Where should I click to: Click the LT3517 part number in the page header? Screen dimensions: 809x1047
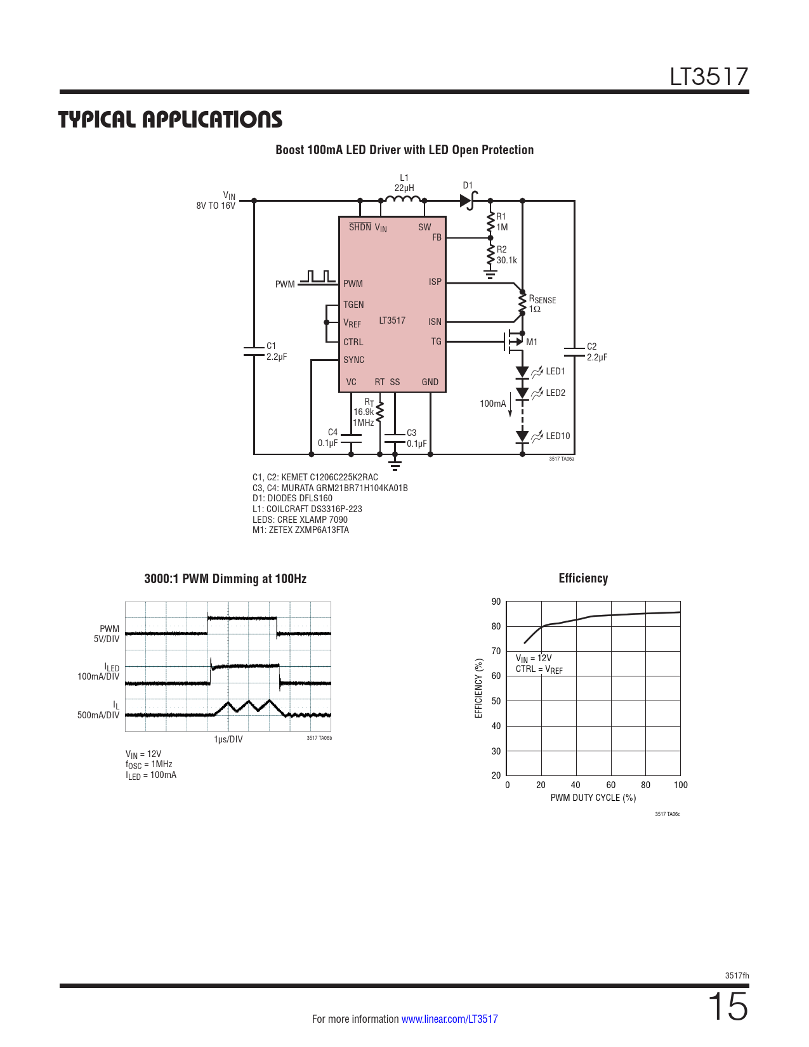(709, 77)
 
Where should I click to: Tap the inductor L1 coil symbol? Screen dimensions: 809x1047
(402, 199)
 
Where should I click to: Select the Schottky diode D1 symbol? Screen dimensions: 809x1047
(468, 201)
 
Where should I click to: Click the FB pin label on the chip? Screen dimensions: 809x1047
(437, 237)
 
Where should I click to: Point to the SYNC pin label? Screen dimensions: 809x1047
(353, 360)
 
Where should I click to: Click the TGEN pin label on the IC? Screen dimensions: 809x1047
(353, 305)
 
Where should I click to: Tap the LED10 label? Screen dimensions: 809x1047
(558, 436)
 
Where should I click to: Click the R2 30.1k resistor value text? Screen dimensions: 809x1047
(506, 260)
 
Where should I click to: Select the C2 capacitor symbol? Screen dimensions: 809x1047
(574, 352)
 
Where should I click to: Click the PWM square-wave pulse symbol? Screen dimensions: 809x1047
(317, 277)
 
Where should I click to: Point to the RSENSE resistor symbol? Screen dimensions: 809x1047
(522, 304)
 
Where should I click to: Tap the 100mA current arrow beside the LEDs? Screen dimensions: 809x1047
(510, 405)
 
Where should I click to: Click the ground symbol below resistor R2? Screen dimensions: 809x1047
(490, 275)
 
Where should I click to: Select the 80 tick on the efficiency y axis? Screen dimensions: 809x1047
(496, 626)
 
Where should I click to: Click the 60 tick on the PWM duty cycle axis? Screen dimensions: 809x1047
(610, 785)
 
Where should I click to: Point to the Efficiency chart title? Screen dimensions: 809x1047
(583, 578)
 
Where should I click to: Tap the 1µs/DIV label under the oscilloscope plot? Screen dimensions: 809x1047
(228, 739)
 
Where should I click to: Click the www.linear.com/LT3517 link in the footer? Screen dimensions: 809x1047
(449, 1019)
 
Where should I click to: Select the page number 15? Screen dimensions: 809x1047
(728, 1006)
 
